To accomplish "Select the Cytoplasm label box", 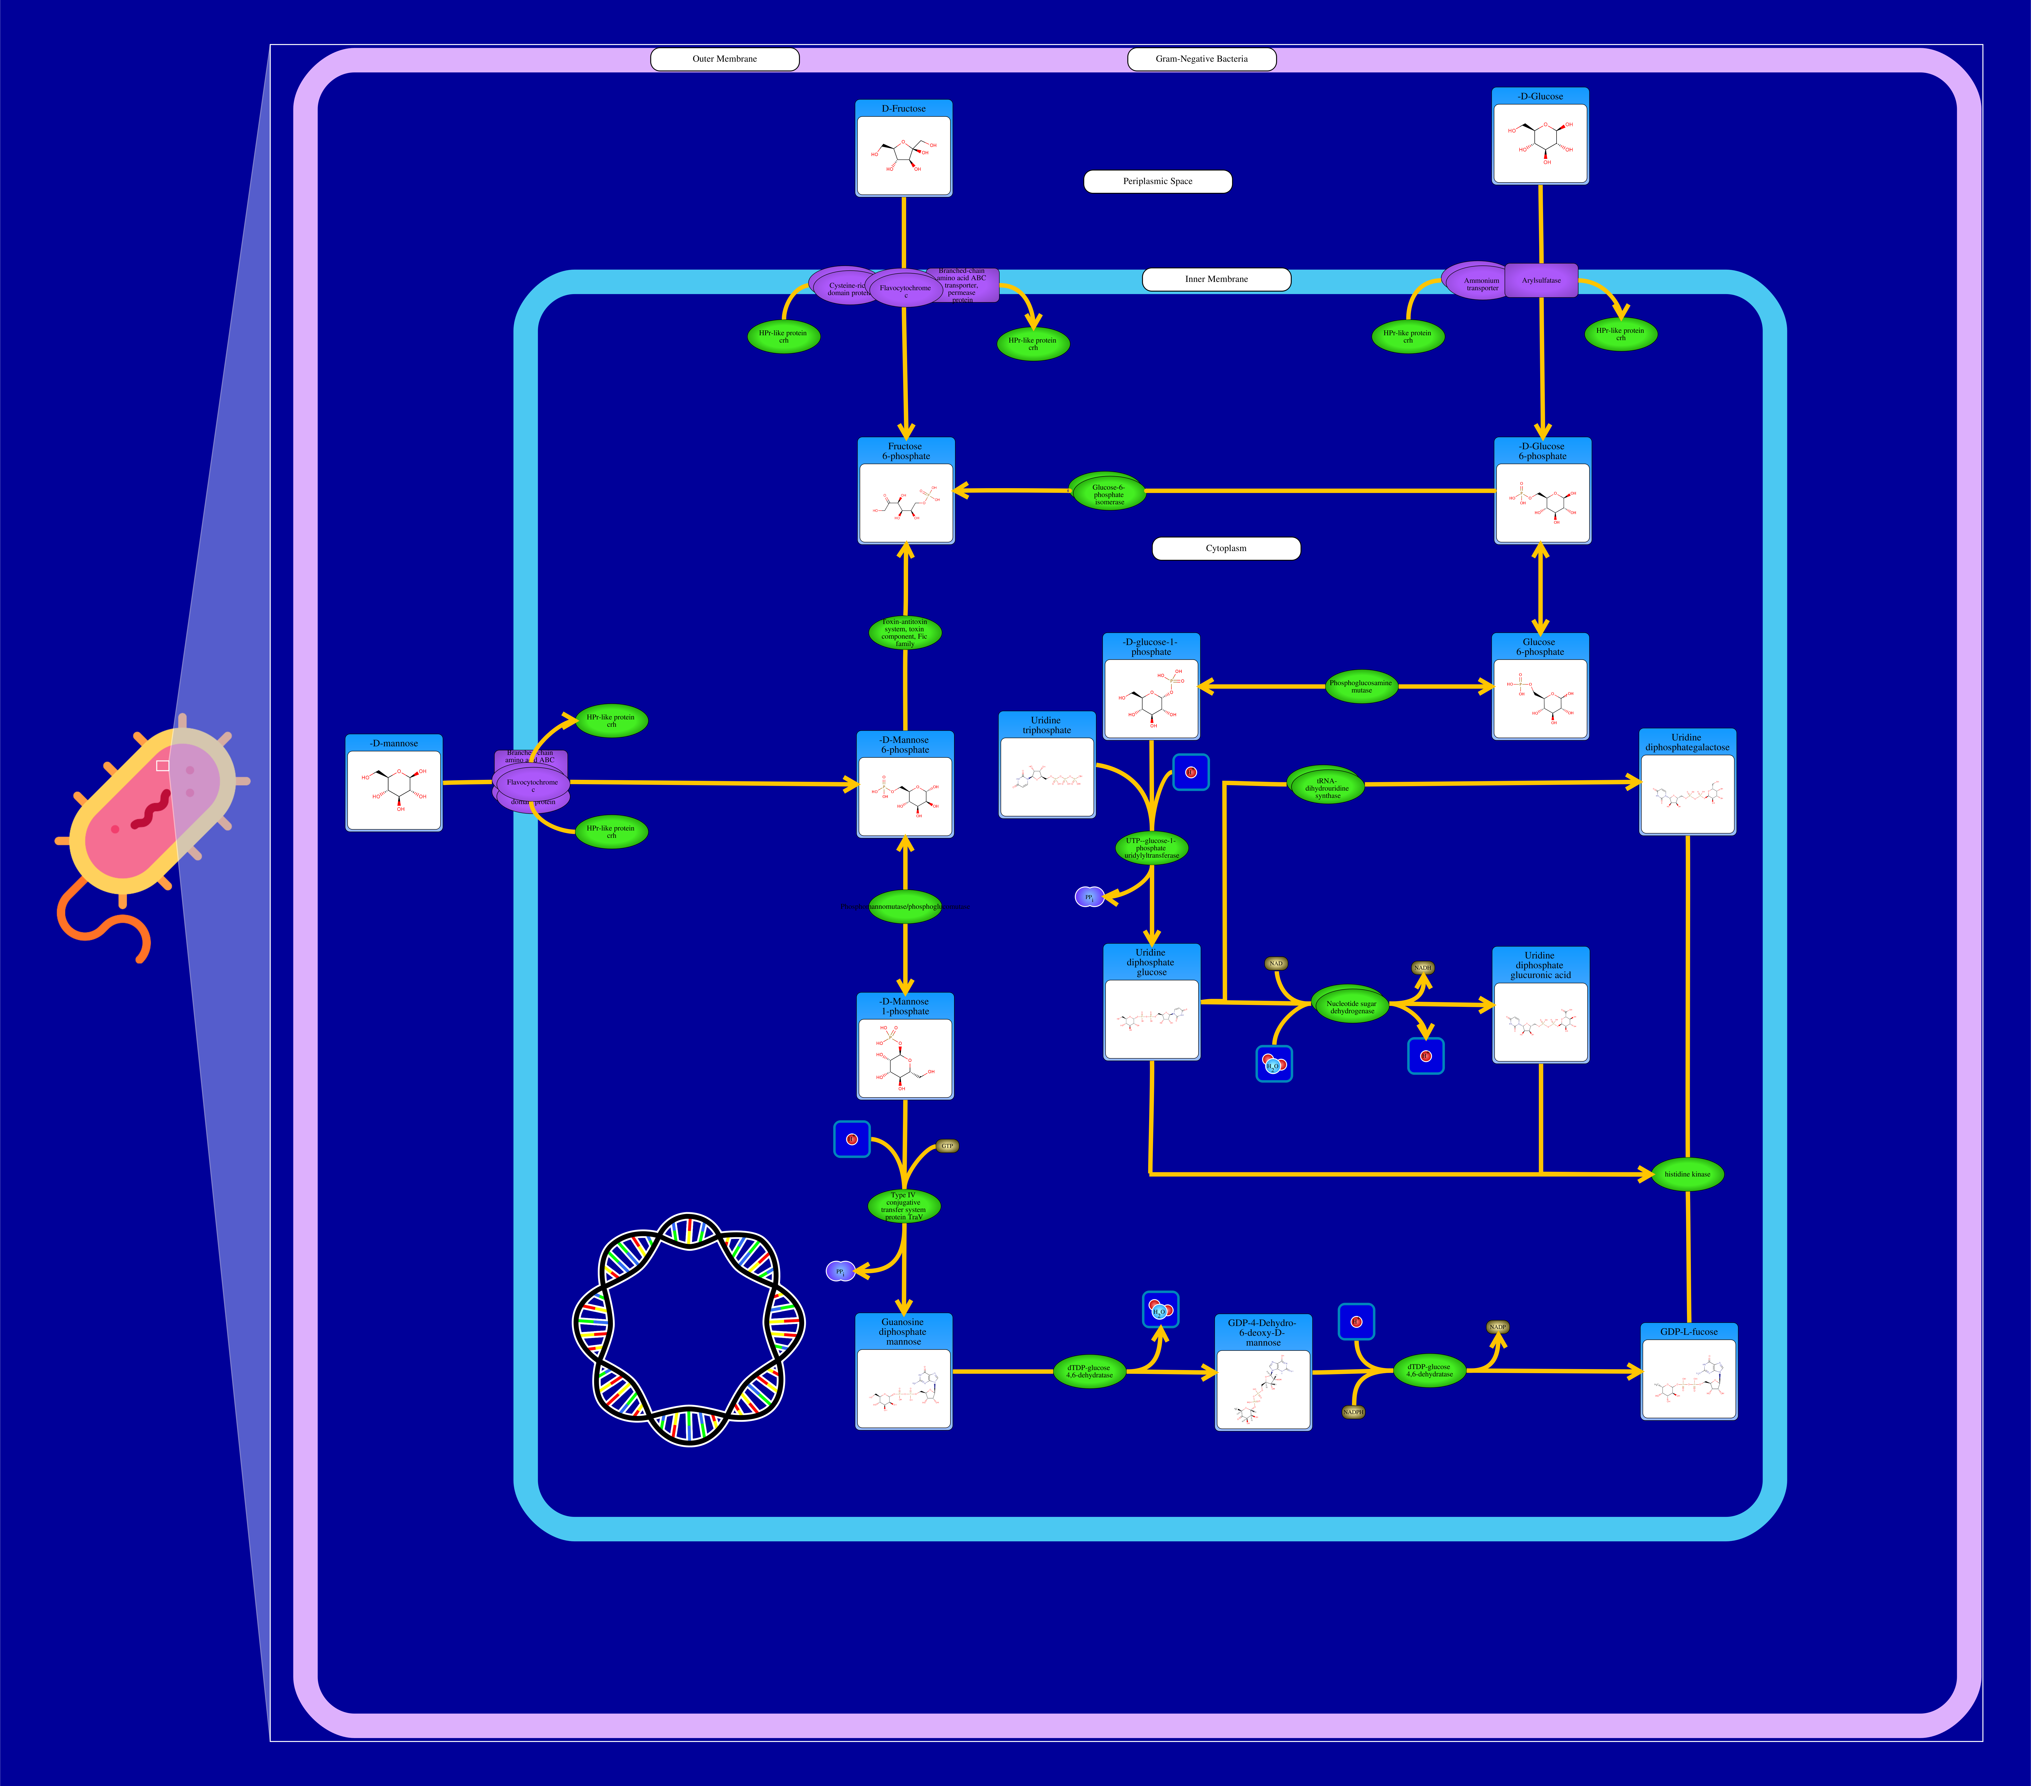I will click(x=1226, y=549).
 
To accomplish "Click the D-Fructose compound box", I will click(x=903, y=149).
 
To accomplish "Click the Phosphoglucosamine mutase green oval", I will click(x=1361, y=686).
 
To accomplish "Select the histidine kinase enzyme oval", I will click(x=1687, y=1174).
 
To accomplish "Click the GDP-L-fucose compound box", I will click(x=1688, y=1371).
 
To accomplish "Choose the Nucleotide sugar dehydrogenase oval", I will click(x=1351, y=1006).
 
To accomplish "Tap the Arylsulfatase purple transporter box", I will click(x=1541, y=280).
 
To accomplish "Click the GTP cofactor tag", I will click(x=947, y=1146).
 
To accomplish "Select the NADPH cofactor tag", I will click(x=1352, y=1411).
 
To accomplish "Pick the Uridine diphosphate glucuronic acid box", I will click(x=1540, y=1006).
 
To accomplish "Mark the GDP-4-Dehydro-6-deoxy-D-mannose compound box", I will click(x=1263, y=1372).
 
